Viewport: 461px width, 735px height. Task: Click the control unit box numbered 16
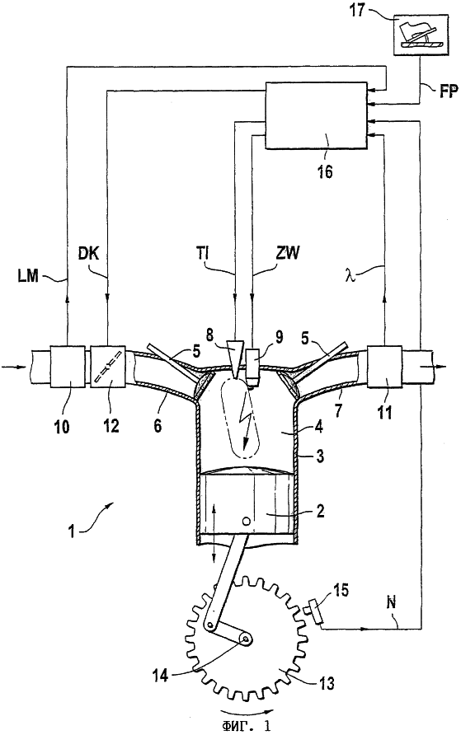pyautogui.click(x=317, y=115)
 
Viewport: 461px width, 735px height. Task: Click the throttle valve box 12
pyautogui.click(x=107, y=367)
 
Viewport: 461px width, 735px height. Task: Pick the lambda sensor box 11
pyautogui.click(x=384, y=367)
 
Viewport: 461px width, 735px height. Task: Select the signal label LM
pyautogui.click(x=27, y=275)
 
